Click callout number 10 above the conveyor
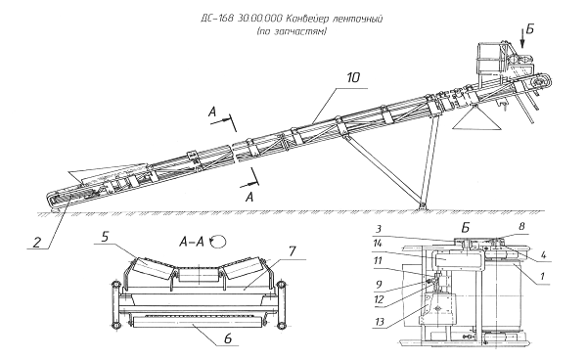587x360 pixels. (x=353, y=77)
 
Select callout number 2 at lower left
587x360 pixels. (x=37, y=243)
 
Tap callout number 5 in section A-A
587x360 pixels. (x=106, y=237)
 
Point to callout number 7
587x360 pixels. (x=293, y=251)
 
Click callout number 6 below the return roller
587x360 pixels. (x=228, y=337)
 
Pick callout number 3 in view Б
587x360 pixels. (x=379, y=229)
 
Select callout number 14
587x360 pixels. (x=377, y=244)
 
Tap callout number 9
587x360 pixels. (x=379, y=285)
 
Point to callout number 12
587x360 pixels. (x=379, y=299)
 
